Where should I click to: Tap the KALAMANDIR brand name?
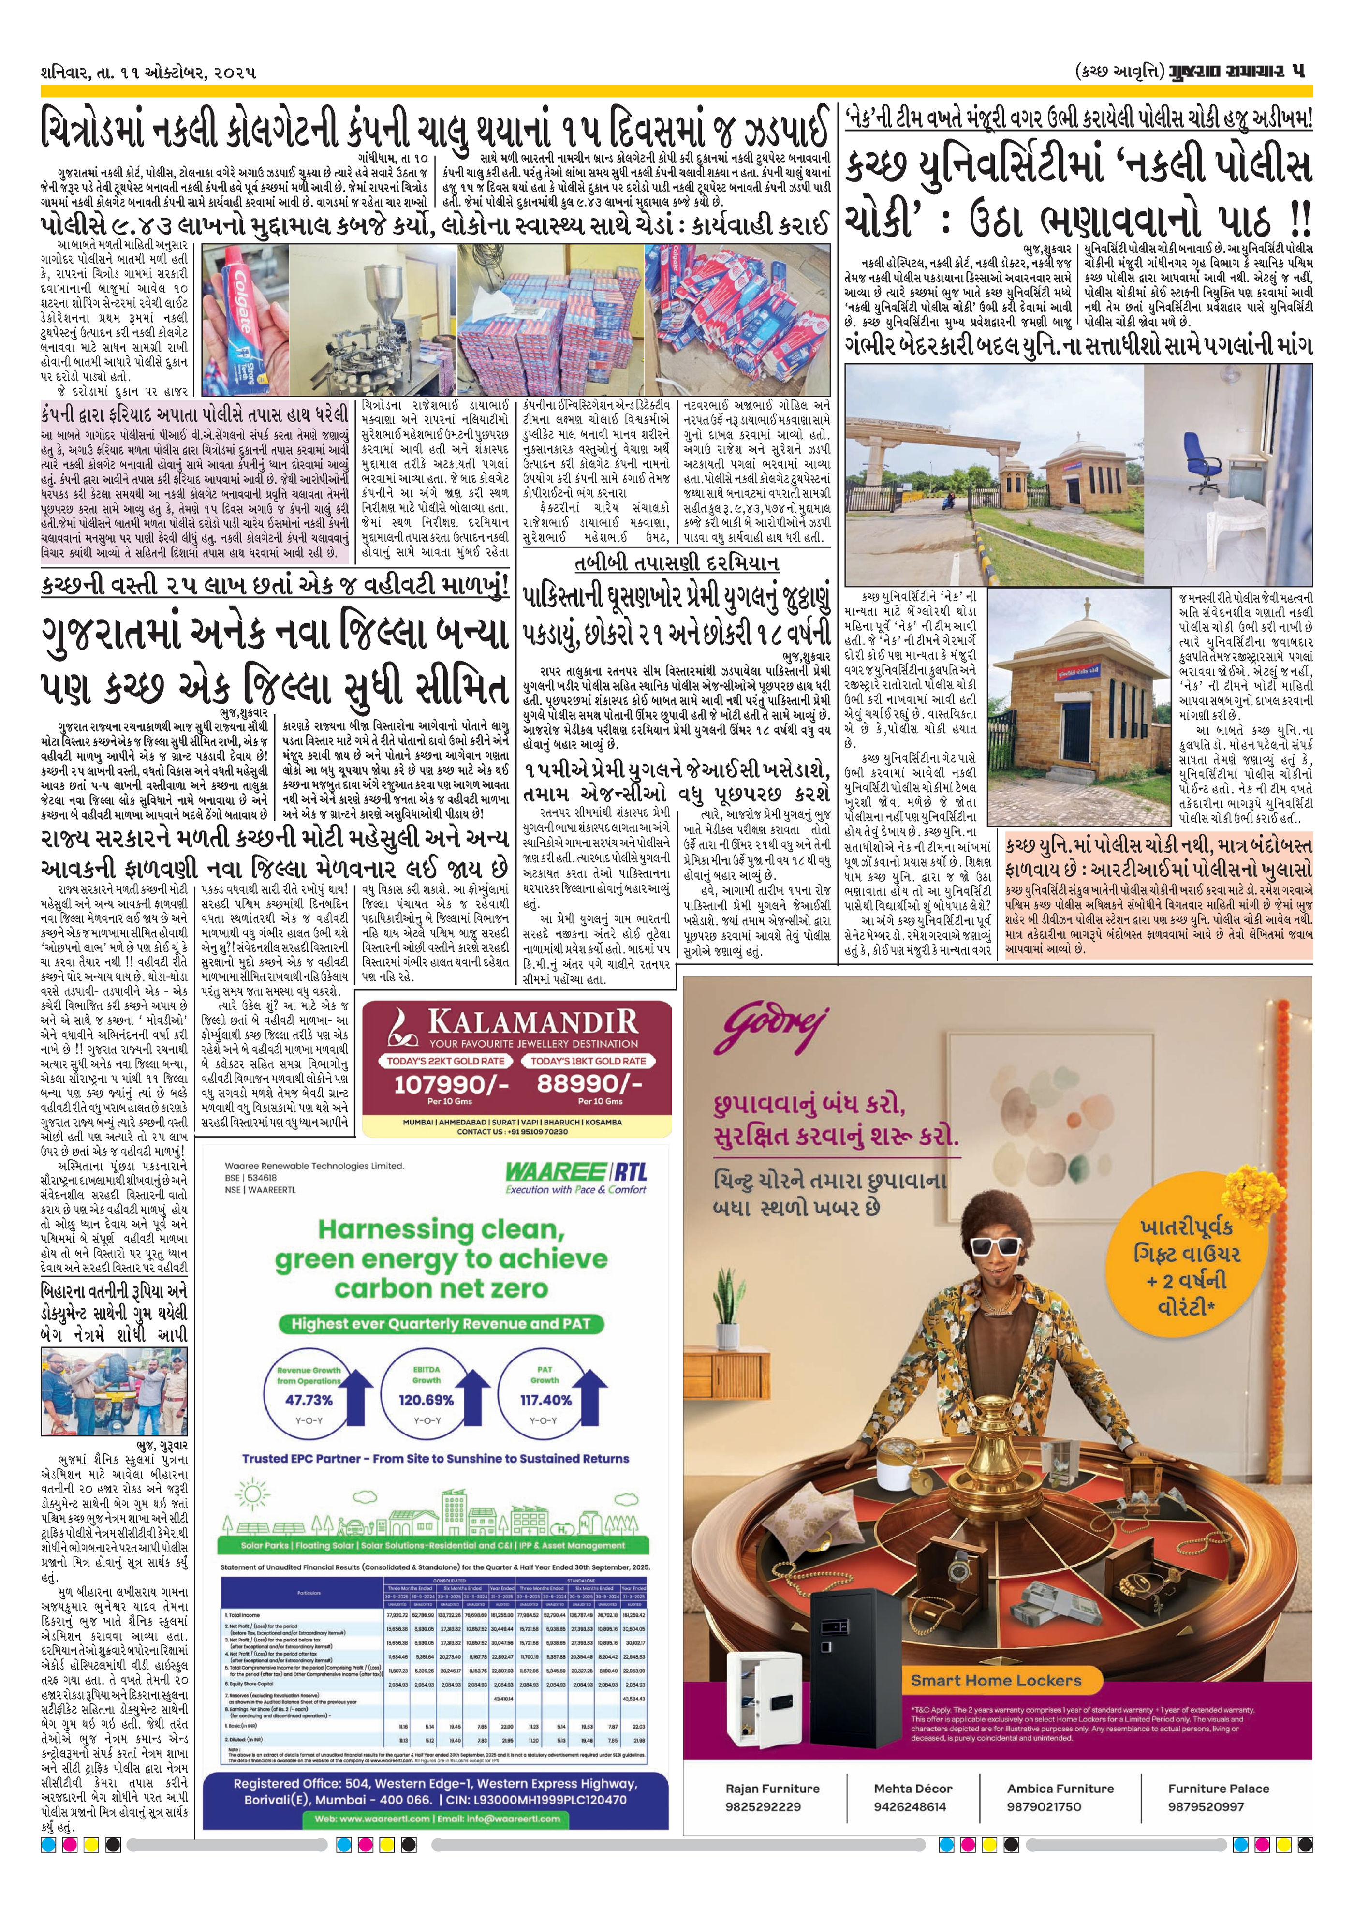(x=532, y=1023)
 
